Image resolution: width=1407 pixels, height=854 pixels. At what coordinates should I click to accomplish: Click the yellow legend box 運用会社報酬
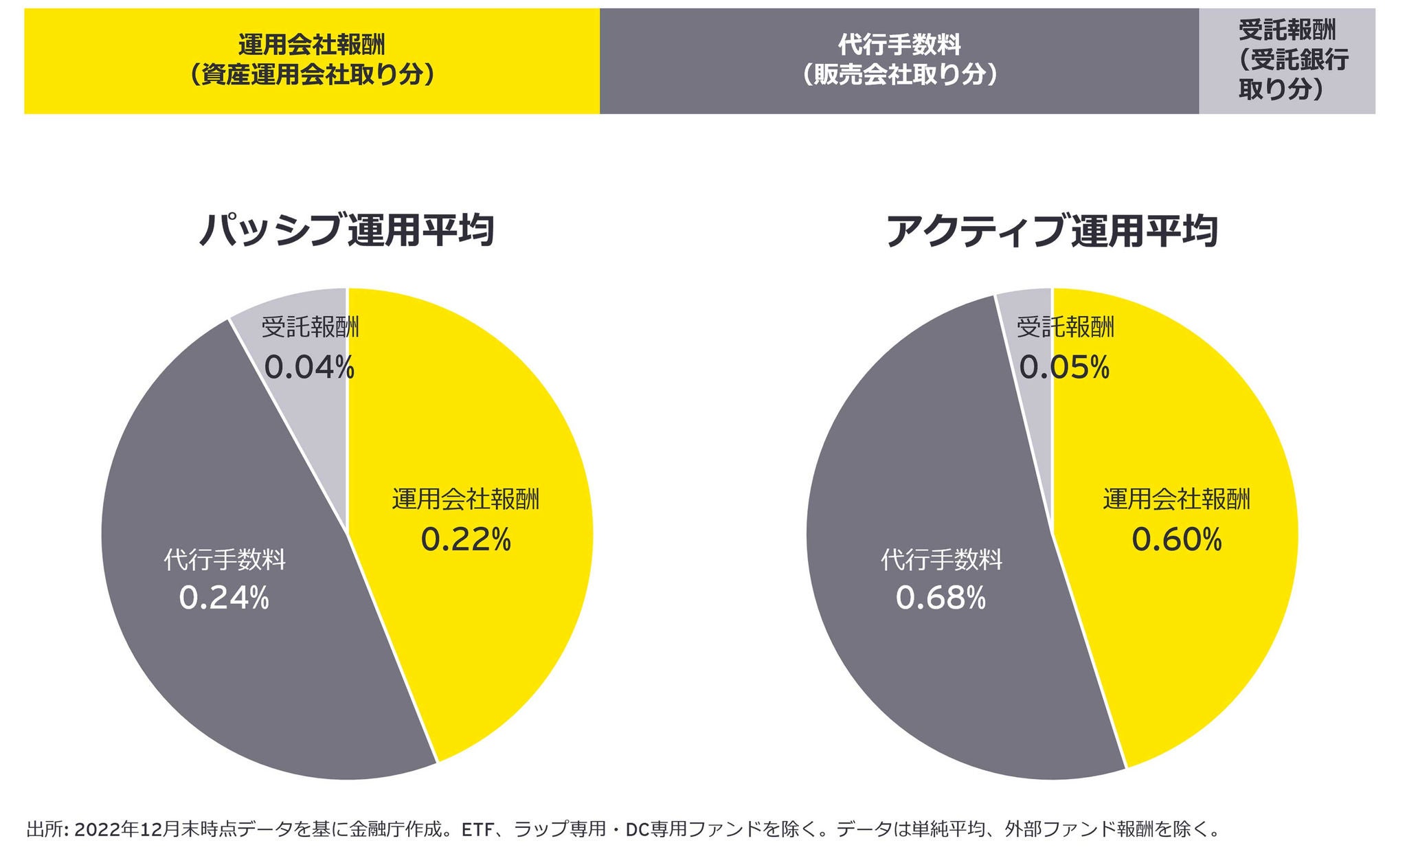312,60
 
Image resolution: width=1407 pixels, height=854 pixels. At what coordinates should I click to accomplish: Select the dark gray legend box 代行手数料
899,60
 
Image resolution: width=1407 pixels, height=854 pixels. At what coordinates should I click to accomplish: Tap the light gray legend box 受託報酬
1287,60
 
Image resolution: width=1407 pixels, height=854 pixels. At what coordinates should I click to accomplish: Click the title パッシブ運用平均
347,230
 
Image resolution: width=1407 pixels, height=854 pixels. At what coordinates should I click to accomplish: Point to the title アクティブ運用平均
1052,230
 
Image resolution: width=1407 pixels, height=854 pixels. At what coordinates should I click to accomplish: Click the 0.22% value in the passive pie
466,540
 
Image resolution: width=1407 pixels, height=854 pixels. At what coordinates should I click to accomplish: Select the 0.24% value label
224,598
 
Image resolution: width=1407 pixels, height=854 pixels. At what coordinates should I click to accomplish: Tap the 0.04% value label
309,368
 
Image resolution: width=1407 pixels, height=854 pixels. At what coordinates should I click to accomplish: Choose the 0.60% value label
1177,540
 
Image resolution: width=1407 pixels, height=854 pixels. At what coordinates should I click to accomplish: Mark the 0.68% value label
941,598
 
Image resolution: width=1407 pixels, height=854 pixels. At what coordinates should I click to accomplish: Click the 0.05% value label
1064,368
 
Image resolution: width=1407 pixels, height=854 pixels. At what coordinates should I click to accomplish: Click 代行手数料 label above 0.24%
224,560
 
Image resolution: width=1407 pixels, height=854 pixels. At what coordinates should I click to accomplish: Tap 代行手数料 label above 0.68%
941,560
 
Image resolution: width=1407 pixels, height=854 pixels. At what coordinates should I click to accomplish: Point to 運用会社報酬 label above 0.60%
1177,499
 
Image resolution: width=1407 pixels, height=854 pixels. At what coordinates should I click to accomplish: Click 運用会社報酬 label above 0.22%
466,499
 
